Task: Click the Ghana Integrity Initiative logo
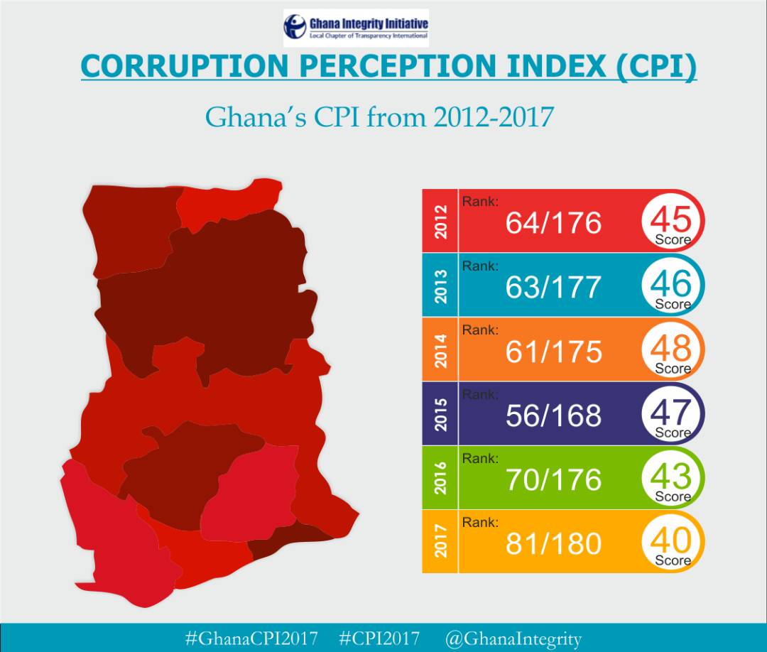click(x=356, y=28)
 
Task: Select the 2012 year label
click(x=441, y=222)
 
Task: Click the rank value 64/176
click(x=553, y=223)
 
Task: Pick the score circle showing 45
click(x=671, y=221)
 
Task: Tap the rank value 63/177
click(x=553, y=287)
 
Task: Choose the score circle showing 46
click(x=671, y=285)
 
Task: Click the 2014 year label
click(x=441, y=349)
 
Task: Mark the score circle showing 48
click(x=671, y=349)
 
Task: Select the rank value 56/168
click(x=553, y=415)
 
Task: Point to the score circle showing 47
click(x=671, y=413)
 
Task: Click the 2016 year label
click(x=441, y=477)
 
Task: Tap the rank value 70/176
click(x=553, y=479)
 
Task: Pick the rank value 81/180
click(x=553, y=544)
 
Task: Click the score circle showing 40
click(x=671, y=542)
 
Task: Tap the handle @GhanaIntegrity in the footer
click(x=513, y=638)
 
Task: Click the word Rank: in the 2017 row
click(x=480, y=523)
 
